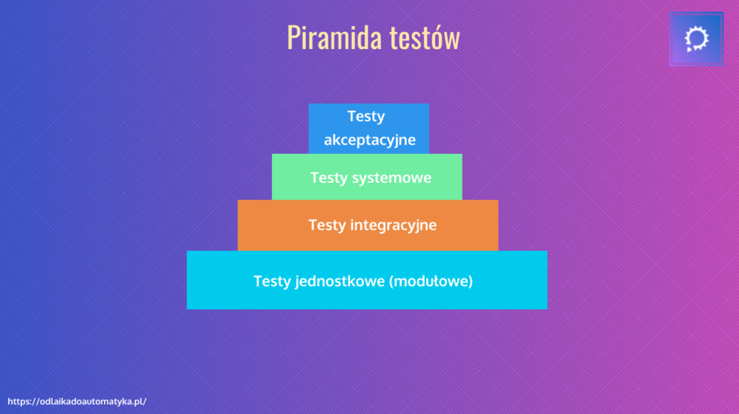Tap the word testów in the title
pyautogui.click(x=424, y=38)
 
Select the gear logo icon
pyautogui.click(x=696, y=39)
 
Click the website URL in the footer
pyautogui.click(x=76, y=401)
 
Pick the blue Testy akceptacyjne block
pyautogui.click(x=369, y=129)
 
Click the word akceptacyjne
pyautogui.click(x=369, y=140)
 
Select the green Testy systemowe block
pyautogui.click(x=367, y=176)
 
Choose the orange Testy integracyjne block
pyautogui.click(x=367, y=225)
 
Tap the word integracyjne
pyautogui.click(x=393, y=225)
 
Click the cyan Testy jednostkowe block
pyautogui.click(x=367, y=280)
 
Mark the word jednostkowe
pyautogui.click(x=340, y=281)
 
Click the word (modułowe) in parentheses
pyautogui.click(x=431, y=281)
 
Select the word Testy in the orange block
pyautogui.click(x=327, y=225)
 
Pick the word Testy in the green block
pyautogui.click(x=328, y=178)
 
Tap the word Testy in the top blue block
pyautogui.click(x=366, y=116)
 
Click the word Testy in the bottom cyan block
pyautogui.click(x=272, y=281)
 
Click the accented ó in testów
pyautogui.click(x=433, y=38)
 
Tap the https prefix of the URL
pyautogui.click(x=19, y=402)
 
